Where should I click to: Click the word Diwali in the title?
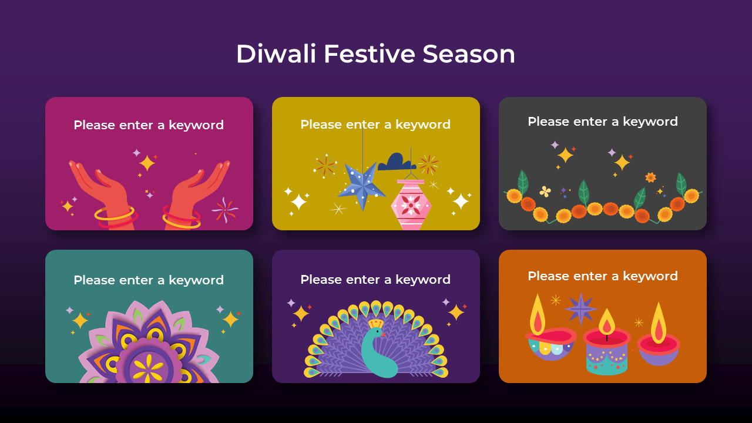(276, 54)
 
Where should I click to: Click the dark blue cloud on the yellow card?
(397, 162)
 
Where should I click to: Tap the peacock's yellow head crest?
(375, 323)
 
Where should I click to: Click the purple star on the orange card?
(580, 308)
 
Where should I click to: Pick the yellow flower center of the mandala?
(148, 367)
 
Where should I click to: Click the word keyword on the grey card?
(650, 122)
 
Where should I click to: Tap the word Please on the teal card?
(93, 280)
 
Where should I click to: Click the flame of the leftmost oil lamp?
(538, 315)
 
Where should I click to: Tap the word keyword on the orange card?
(650, 276)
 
